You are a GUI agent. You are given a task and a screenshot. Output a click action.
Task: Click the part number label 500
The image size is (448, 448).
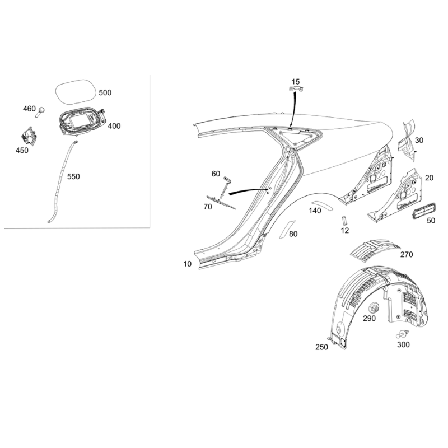[105, 92]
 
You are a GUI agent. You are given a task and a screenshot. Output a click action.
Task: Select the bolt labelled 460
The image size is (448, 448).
[40, 111]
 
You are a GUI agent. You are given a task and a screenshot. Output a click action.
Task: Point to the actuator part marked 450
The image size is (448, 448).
[29, 136]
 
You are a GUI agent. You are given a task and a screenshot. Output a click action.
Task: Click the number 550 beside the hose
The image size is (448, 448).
[73, 176]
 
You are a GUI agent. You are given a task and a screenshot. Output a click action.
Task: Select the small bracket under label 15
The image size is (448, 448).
[295, 89]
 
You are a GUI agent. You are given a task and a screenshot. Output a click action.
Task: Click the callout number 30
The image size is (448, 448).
[419, 141]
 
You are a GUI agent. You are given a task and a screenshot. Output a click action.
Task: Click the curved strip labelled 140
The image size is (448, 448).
[322, 204]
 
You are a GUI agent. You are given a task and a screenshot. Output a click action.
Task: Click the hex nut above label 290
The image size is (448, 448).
[374, 309]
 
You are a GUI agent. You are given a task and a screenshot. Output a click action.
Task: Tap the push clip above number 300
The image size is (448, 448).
[402, 334]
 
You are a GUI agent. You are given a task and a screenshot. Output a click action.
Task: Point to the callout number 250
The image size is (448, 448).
[321, 347]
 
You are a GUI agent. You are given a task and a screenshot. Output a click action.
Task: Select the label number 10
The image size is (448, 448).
[187, 264]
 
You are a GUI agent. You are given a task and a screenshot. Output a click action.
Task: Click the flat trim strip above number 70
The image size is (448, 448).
[221, 202]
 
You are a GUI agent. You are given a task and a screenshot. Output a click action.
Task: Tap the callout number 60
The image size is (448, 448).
[216, 174]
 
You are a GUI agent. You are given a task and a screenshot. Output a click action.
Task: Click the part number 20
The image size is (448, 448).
[429, 178]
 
